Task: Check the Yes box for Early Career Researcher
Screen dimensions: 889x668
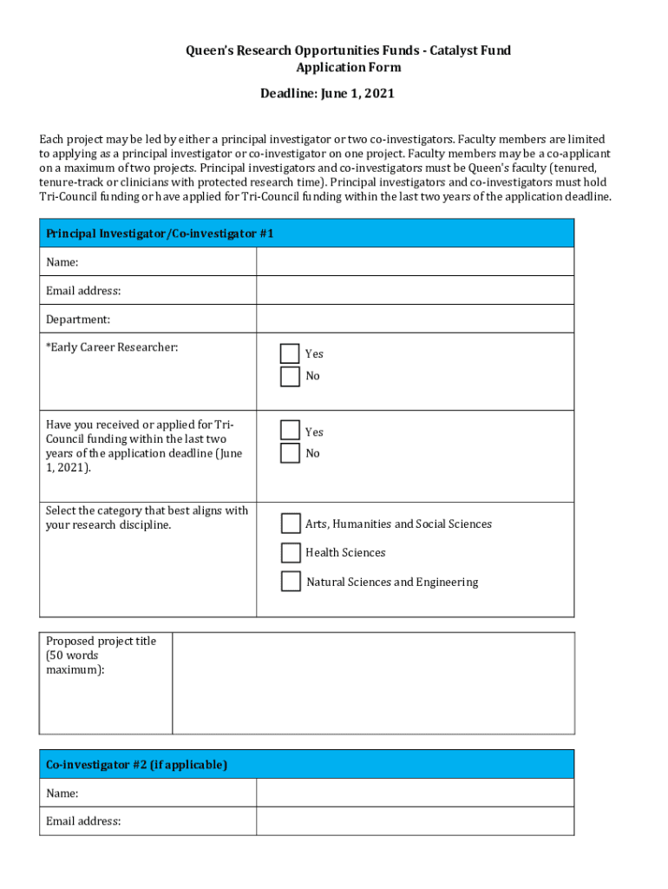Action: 290,353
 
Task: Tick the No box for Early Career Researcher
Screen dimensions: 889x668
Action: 290,376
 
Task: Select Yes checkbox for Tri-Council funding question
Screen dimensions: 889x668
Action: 290,431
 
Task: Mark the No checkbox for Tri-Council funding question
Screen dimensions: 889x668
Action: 290,453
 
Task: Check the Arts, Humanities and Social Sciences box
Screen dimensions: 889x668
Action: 291,524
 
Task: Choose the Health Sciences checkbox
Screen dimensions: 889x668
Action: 291,553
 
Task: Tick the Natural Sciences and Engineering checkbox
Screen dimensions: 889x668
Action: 291,582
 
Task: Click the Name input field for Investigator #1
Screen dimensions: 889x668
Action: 415,261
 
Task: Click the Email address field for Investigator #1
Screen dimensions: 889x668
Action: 415,290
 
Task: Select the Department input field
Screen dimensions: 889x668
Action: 415,319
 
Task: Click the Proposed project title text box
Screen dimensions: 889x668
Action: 373,683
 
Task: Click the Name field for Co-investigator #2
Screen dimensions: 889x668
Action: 415,793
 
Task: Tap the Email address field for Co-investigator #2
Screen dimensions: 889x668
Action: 415,821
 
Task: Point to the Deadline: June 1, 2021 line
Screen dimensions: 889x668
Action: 327,93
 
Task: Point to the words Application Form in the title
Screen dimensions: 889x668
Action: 348,67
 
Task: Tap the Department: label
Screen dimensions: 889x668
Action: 78,319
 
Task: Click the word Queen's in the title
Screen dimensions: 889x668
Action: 209,50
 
